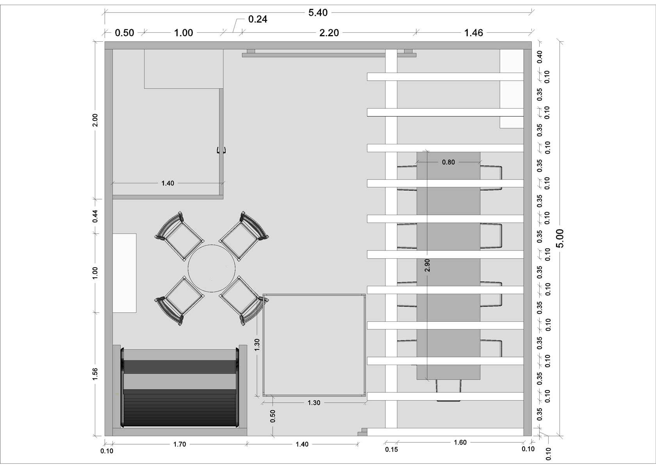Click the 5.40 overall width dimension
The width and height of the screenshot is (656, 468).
tap(318, 13)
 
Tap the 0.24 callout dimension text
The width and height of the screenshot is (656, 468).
tap(258, 19)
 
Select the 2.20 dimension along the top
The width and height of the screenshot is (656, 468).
tap(329, 33)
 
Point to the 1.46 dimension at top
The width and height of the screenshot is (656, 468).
tap(474, 33)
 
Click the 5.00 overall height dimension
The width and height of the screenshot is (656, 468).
tap(560, 238)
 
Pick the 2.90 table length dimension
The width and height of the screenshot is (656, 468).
tap(427, 265)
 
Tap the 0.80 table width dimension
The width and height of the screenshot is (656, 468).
tap(448, 162)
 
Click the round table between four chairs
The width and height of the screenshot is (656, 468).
tap(212, 268)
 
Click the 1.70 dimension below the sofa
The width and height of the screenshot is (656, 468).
tap(180, 444)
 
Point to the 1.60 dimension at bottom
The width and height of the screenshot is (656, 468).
tap(460, 443)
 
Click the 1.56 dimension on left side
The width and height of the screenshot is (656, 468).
tap(95, 374)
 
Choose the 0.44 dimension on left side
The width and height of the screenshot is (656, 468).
tap(95, 216)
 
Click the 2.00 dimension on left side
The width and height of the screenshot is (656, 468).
tap(95, 120)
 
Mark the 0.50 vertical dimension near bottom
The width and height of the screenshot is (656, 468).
tap(273, 416)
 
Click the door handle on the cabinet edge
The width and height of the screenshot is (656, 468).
tap(221, 150)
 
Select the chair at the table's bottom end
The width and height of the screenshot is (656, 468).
tap(448, 390)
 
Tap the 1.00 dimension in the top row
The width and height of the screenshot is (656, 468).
tap(184, 33)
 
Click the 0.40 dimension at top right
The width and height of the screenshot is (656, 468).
tap(540, 57)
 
